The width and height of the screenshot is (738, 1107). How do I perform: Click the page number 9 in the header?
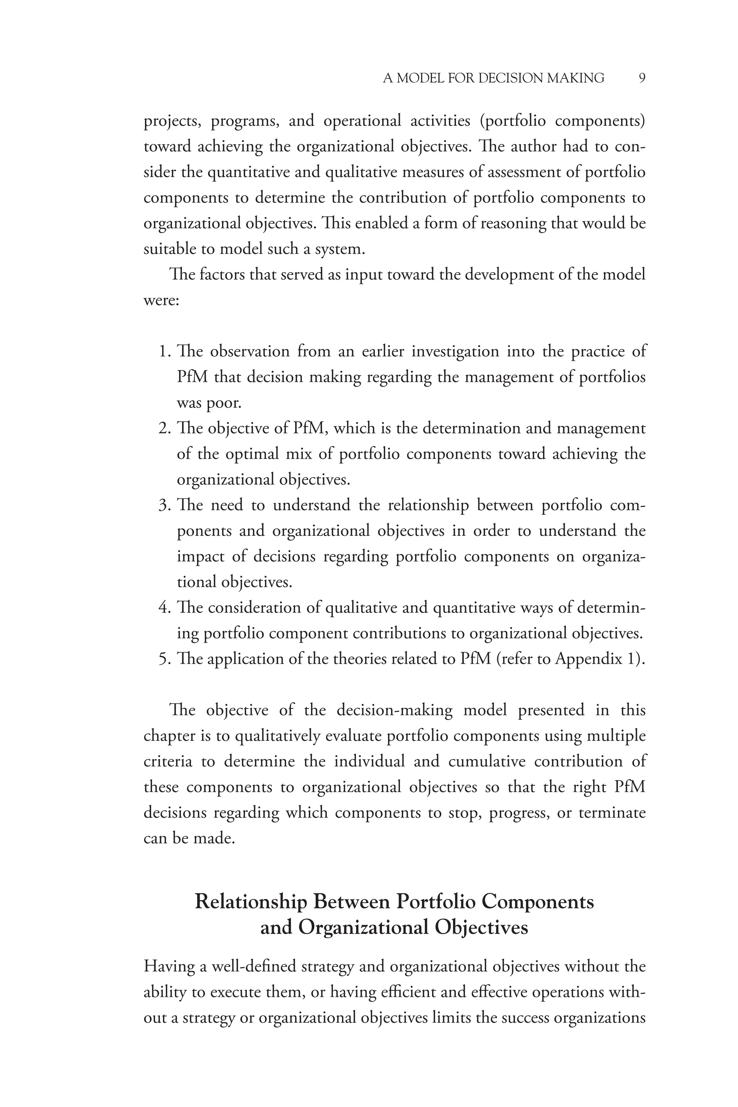(x=642, y=78)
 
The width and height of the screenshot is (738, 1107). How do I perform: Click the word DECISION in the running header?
(x=510, y=78)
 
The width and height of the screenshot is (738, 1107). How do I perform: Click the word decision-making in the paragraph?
(x=395, y=710)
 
